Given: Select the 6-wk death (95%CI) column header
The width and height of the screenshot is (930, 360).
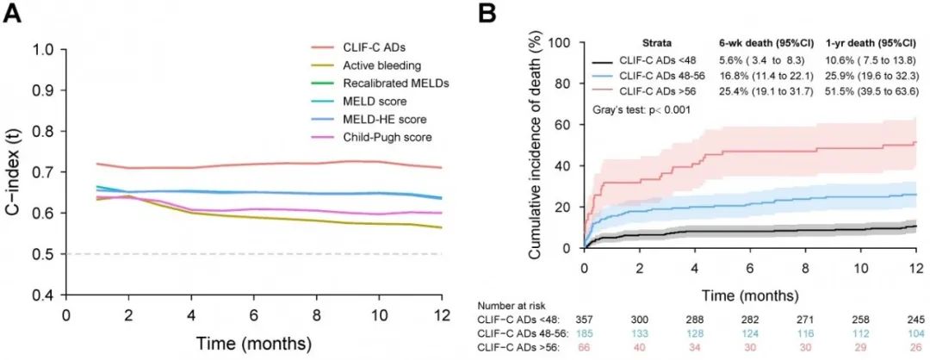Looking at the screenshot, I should (757, 43).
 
